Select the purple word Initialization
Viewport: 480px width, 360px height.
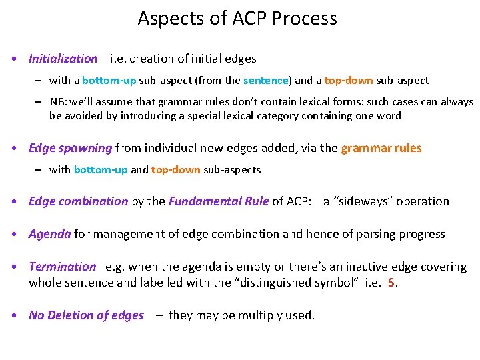[x=63, y=59]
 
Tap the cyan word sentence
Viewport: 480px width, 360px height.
[x=266, y=81]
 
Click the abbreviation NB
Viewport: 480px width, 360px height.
[x=57, y=103]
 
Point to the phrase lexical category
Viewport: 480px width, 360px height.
[x=259, y=116]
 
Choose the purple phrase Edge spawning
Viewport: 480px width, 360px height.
[x=70, y=148]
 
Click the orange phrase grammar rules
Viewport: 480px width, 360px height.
[x=381, y=148]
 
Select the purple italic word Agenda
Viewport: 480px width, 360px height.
[x=49, y=234]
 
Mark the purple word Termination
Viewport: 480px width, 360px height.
[x=62, y=267]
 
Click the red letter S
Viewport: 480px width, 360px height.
[x=391, y=283]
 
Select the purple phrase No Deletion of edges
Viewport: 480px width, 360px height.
[x=86, y=315]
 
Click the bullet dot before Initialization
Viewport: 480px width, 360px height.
[x=14, y=59]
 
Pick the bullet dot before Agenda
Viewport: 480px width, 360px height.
[x=14, y=234]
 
